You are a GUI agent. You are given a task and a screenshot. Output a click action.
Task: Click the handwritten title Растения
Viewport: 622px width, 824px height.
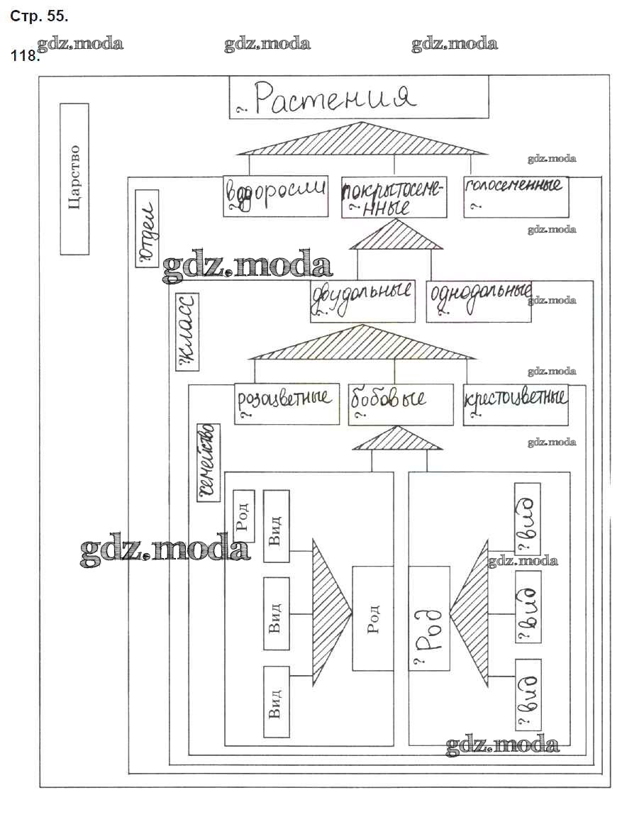click(359, 97)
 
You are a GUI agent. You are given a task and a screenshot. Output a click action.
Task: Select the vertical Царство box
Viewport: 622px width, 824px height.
click(74, 179)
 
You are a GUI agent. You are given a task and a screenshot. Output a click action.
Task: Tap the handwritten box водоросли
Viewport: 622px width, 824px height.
click(275, 195)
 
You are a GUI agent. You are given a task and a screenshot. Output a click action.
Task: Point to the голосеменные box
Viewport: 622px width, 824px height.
click(516, 196)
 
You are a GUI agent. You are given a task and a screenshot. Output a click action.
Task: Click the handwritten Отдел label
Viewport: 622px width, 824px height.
click(147, 228)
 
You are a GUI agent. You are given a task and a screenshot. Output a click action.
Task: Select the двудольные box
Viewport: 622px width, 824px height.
click(362, 301)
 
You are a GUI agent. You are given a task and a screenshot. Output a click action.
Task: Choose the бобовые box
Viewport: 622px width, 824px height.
click(400, 404)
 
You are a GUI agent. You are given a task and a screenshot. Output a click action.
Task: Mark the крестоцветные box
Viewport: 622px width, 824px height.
click(516, 404)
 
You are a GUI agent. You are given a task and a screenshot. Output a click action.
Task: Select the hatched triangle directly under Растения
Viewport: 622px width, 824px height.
click(362, 140)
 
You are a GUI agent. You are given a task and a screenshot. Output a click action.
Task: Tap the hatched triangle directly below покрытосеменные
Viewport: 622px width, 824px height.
click(395, 235)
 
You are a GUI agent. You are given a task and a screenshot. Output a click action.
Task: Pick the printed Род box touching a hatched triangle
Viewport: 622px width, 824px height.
click(373, 618)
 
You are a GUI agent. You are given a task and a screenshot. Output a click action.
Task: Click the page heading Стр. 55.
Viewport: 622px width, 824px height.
click(40, 15)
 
